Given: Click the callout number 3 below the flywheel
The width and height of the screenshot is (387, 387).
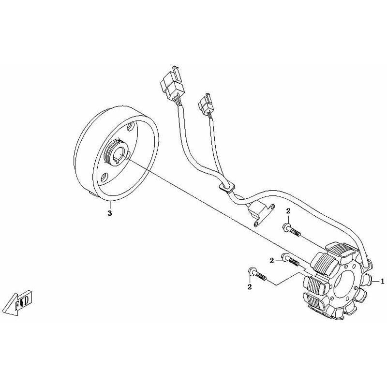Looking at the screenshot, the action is pyautogui.click(x=110, y=213).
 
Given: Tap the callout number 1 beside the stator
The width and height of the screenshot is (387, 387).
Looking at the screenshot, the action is pyautogui.click(x=382, y=281).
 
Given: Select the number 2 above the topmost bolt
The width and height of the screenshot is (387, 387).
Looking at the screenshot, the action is pyautogui.click(x=288, y=211).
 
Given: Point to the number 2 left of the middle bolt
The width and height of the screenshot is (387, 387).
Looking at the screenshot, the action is pyautogui.click(x=272, y=260).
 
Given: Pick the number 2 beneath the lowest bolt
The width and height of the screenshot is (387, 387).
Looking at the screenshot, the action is pyautogui.click(x=250, y=287).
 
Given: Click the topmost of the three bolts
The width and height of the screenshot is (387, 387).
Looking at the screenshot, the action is pyautogui.click(x=291, y=229).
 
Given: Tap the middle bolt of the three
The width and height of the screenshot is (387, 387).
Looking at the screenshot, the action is pyautogui.click(x=291, y=260).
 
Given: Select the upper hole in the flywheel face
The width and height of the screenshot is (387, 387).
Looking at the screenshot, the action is pyautogui.click(x=131, y=127).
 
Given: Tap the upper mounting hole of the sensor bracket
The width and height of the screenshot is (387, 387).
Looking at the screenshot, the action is pyautogui.click(x=272, y=207).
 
